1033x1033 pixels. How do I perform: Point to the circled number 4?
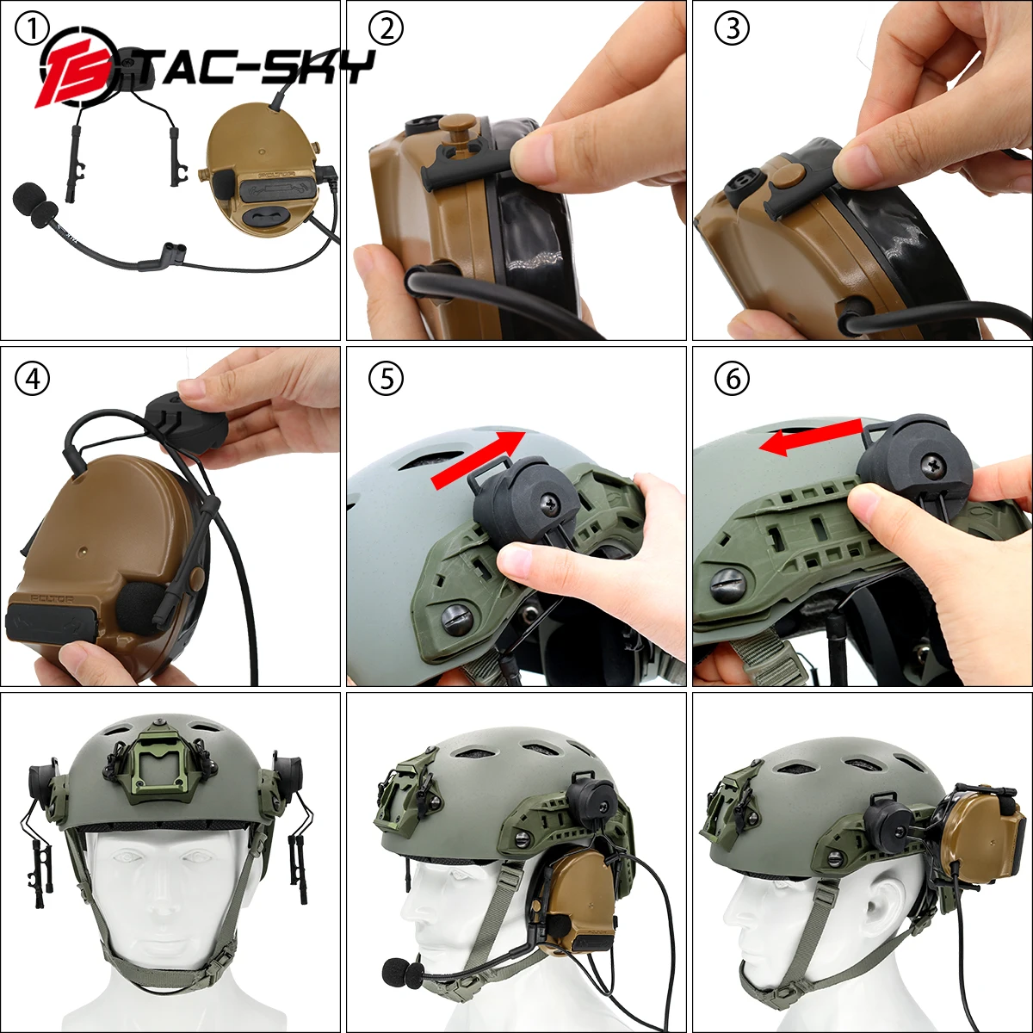pyautogui.click(x=33, y=379)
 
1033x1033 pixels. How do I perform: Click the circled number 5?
pyautogui.click(x=386, y=379)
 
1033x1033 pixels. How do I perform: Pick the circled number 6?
pyautogui.click(x=733, y=379)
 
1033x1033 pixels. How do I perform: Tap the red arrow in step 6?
pyautogui.click(x=809, y=435)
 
